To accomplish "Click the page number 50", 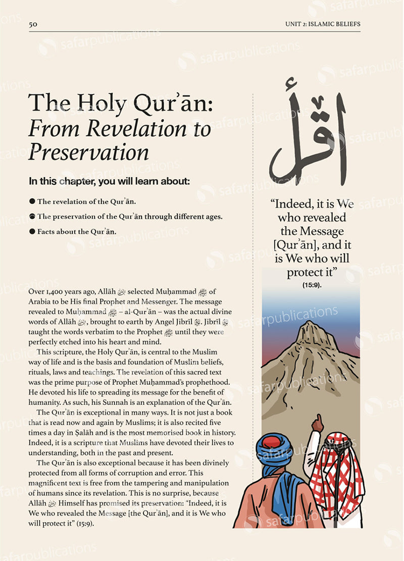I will point(33,24).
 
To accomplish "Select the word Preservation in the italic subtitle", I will point(88,152).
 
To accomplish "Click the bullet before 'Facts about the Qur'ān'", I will point(32,232).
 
